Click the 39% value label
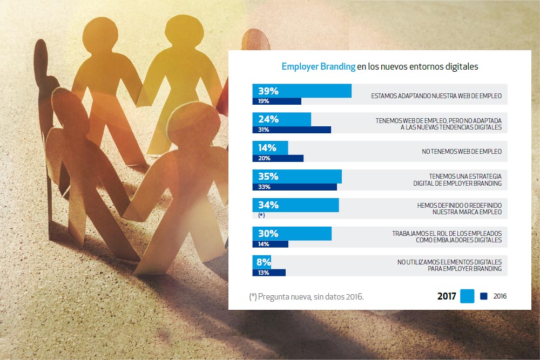[268, 91]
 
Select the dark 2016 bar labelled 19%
[276, 101]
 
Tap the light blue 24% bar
[281, 119]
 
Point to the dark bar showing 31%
[292, 130]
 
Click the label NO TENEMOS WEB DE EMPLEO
[462, 152]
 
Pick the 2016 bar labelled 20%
[278, 158]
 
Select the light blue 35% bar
[297, 176]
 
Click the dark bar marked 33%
[294, 187]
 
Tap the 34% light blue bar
[295, 205]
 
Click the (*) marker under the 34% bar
[261, 215]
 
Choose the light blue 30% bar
[292, 234]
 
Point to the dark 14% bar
[270, 244]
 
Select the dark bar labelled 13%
[269, 273]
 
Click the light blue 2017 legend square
[467, 296]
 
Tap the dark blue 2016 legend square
[484, 296]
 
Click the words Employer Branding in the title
[319, 67]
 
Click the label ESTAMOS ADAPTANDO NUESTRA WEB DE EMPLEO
[436, 96]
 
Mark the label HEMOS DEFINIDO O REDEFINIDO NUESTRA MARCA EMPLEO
[459, 209]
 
